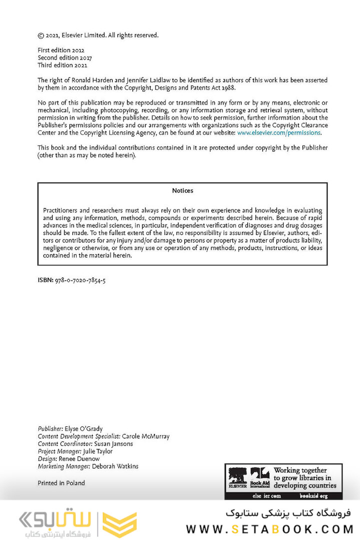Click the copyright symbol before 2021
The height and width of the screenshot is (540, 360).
(x=41, y=35)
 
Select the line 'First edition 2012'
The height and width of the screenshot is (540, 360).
(x=61, y=50)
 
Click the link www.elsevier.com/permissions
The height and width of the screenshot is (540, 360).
(x=278, y=133)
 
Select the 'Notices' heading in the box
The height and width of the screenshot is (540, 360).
(x=182, y=190)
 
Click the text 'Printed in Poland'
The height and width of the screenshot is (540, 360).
(x=61, y=483)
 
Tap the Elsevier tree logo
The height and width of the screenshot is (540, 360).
(x=237, y=476)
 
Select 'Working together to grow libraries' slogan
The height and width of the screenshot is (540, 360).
(x=304, y=478)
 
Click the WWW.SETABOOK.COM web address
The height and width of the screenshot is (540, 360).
(x=269, y=528)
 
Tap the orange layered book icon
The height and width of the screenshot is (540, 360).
(x=119, y=524)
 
